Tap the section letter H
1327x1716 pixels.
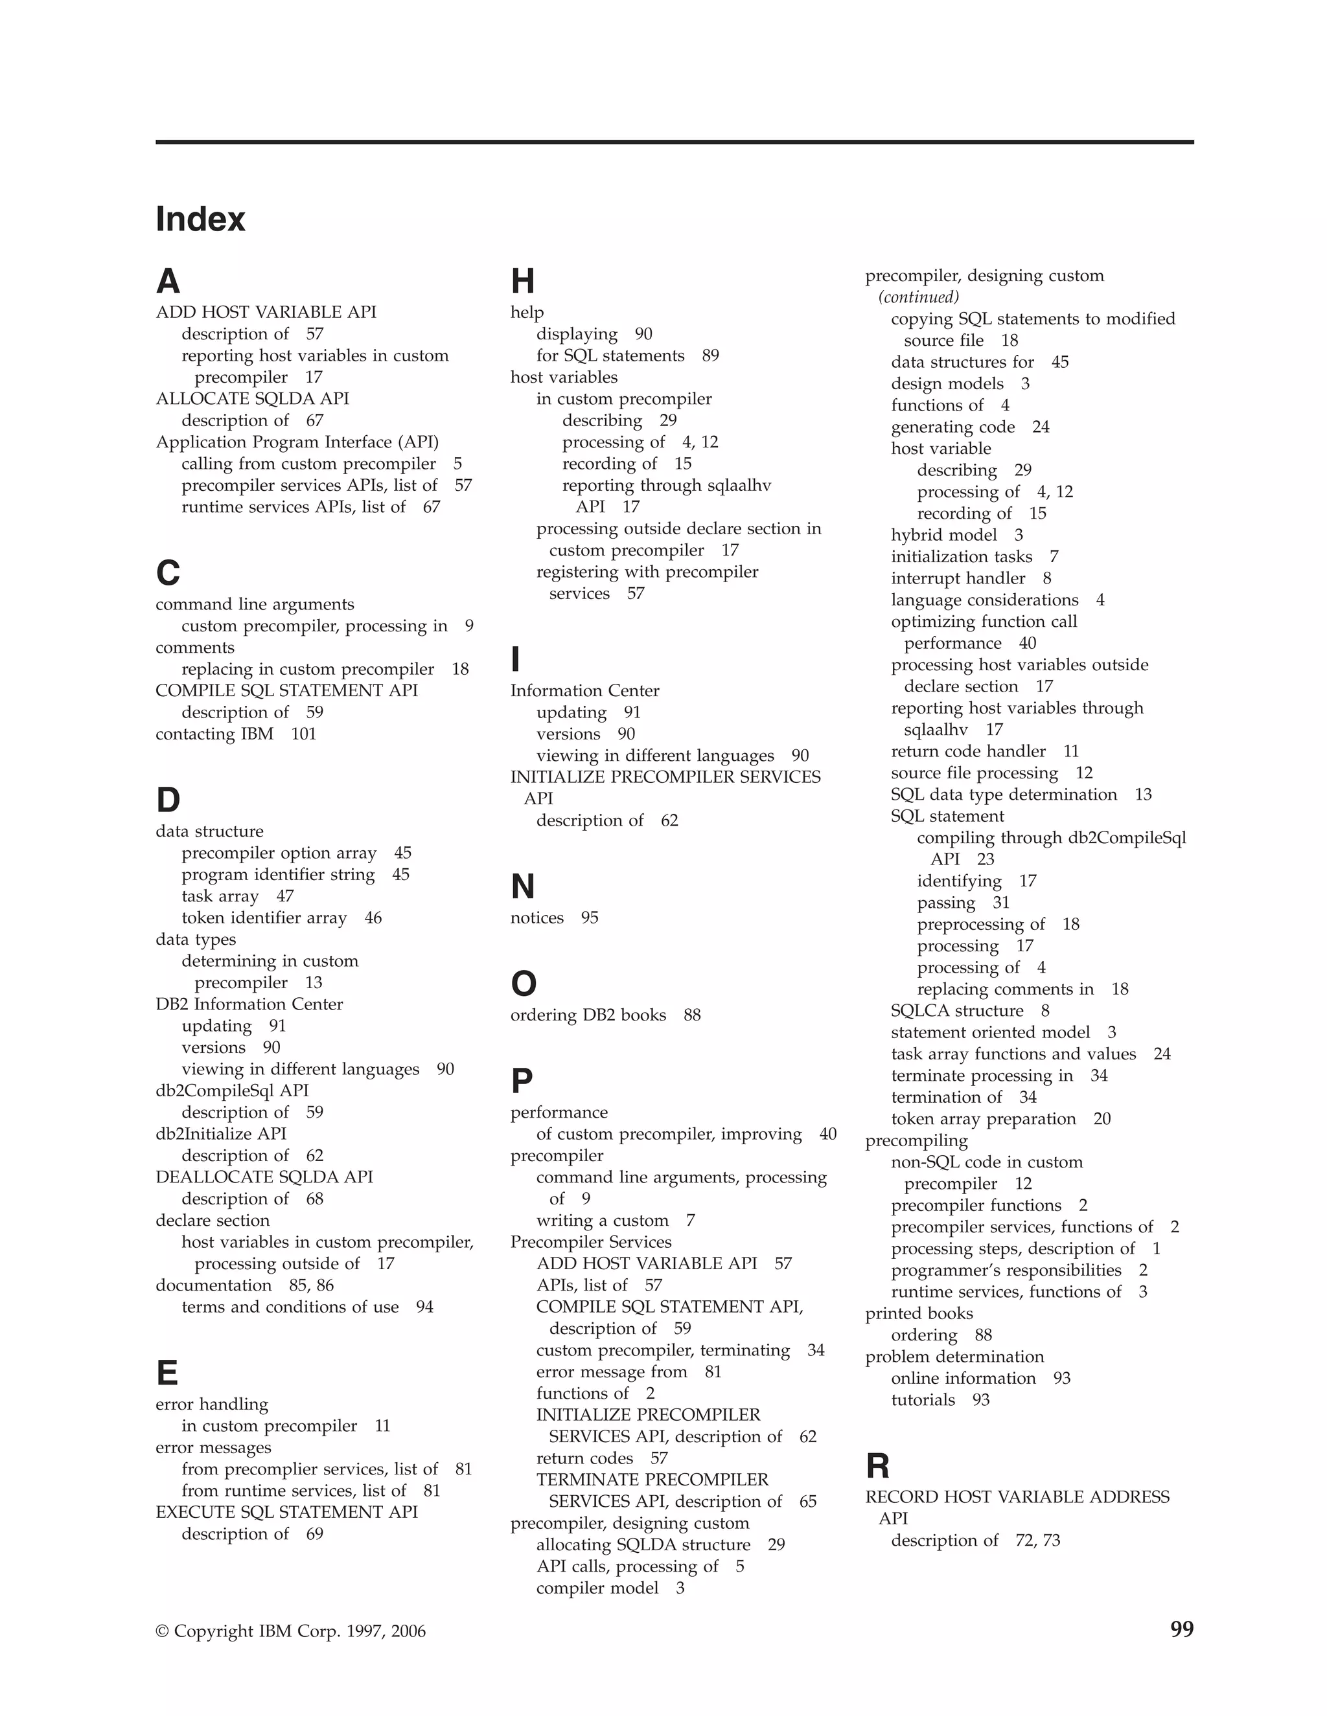coord(522,281)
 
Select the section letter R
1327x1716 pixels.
coord(877,1466)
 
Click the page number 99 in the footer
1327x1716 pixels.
coord(1182,1630)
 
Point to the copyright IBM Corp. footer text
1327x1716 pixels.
coord(291,1631)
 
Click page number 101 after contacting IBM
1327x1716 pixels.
coord(303,734)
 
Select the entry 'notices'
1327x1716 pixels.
coord(537,918)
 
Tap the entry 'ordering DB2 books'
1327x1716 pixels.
coord(588,1015)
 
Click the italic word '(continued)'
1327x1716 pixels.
coord(919,297)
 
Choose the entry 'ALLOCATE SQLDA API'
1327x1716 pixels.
coord(252,398)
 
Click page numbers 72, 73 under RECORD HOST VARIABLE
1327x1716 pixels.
coord(1038,1540)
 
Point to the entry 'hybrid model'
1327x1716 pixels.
coord(944,535)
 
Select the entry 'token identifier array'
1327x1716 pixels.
coord(264,918)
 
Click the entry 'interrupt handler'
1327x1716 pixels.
coord(958,578)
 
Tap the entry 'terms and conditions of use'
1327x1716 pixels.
coord(290,1307)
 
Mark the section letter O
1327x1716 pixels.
coord(524,984)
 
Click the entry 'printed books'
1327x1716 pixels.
coord(919,1313)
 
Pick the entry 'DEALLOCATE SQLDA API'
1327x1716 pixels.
coord(264,1177)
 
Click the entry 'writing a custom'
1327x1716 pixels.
coord(602,1220)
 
